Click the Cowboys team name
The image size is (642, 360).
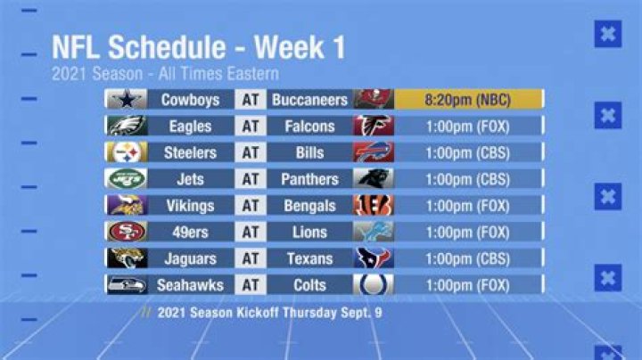pyautogui.click(x=190, y=100)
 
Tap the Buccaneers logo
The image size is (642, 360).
pyautogui.click(x=373, y=100)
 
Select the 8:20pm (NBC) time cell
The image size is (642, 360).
pyautogui.click(x=467, y=100)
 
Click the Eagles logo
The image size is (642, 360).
pyautogui.click(x=127, y=127)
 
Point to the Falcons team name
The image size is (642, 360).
pyautogui.click(x=309, y=127)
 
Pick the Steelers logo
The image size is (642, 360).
pyautogui.click(x=127, y=153)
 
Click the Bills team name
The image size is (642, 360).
pyautogui.click(x=309, y=153)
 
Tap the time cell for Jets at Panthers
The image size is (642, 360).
pyautogui.click(x=467, y=179)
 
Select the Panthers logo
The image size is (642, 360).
pyautogui.click(x=373, y=179)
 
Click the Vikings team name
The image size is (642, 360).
pyautogui.click(x=190, y=206)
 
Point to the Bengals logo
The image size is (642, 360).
pyautogui.click(x=373, y=206)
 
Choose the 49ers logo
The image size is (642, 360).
pyautogui.click(x=127, y=232)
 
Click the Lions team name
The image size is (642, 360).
pyautogui.click(x=309, y=232)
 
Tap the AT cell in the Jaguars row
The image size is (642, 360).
pyautogui.click(x=251, y=258)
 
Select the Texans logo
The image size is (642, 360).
pyautogui.click(x=373, y=258)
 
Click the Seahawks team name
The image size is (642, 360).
pyautogui.click(x=190, y=285)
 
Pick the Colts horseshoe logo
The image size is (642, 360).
pyautogui.click(x=373, y=285)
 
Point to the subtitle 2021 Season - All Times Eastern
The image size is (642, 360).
pyautogui.click(x=165, y=74)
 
